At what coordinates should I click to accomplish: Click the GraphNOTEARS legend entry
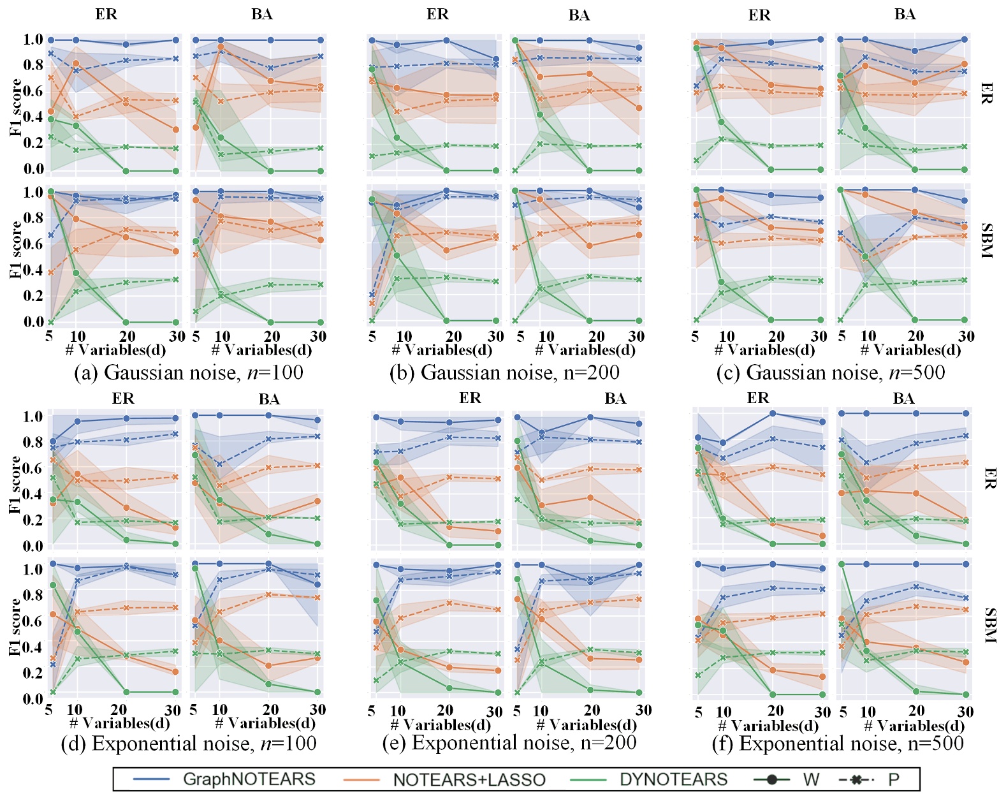coord(249,779)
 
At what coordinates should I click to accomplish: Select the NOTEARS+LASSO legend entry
coord(469,779)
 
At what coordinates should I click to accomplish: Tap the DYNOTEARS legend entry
coord(673,779)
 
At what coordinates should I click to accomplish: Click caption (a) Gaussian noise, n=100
coord(189,372)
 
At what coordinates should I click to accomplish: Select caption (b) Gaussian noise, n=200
coord(504,372)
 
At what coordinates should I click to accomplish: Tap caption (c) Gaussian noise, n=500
coord(830,372)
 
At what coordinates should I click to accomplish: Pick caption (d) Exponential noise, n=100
coord(189,744)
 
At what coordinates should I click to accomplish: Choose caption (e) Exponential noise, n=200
coord(509,743)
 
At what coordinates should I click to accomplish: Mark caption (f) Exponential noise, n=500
coord(838,744)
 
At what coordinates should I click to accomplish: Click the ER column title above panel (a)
coord(106,14)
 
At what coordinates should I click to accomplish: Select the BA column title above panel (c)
coord(905,14)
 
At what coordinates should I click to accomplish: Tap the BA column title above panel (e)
coord(615,399)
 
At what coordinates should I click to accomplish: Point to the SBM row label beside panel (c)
coord(986,240)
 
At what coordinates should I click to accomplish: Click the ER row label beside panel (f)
coord(989,478)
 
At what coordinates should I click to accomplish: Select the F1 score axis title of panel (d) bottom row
coord(15,627)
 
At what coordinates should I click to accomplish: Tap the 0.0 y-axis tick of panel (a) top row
coord(33,169)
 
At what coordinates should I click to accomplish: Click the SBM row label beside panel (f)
coord(989,626)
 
